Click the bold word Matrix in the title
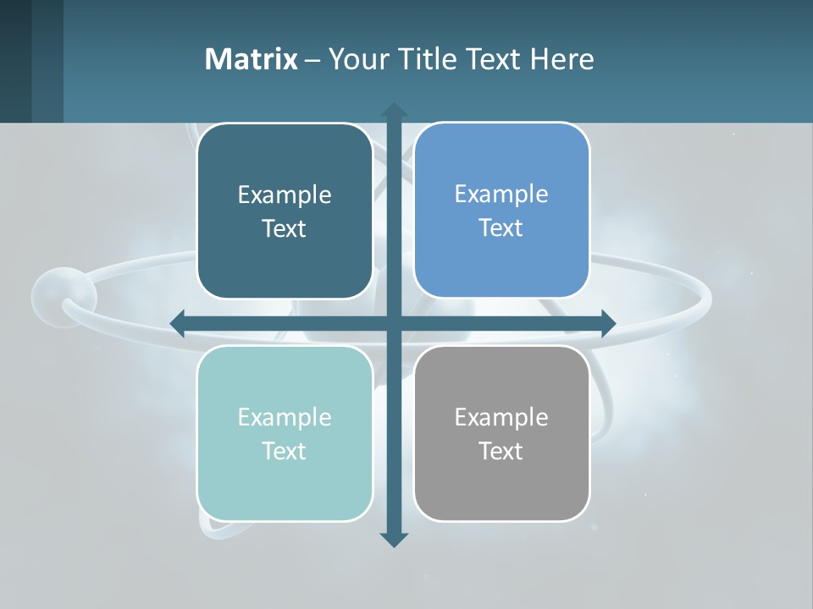point(251,59)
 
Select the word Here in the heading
point(562,59)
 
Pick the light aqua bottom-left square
point(285,491)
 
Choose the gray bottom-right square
point(501,491)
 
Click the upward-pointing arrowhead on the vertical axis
point(394,110)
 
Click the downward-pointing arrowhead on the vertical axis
point(394,540)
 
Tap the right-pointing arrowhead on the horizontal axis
point(608,323)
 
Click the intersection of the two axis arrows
point(394,323)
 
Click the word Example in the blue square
point(501,194)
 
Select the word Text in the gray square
point(501,451)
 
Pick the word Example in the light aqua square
point(285,417)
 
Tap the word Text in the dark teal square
point(285,228)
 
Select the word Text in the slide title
point(495,59)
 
